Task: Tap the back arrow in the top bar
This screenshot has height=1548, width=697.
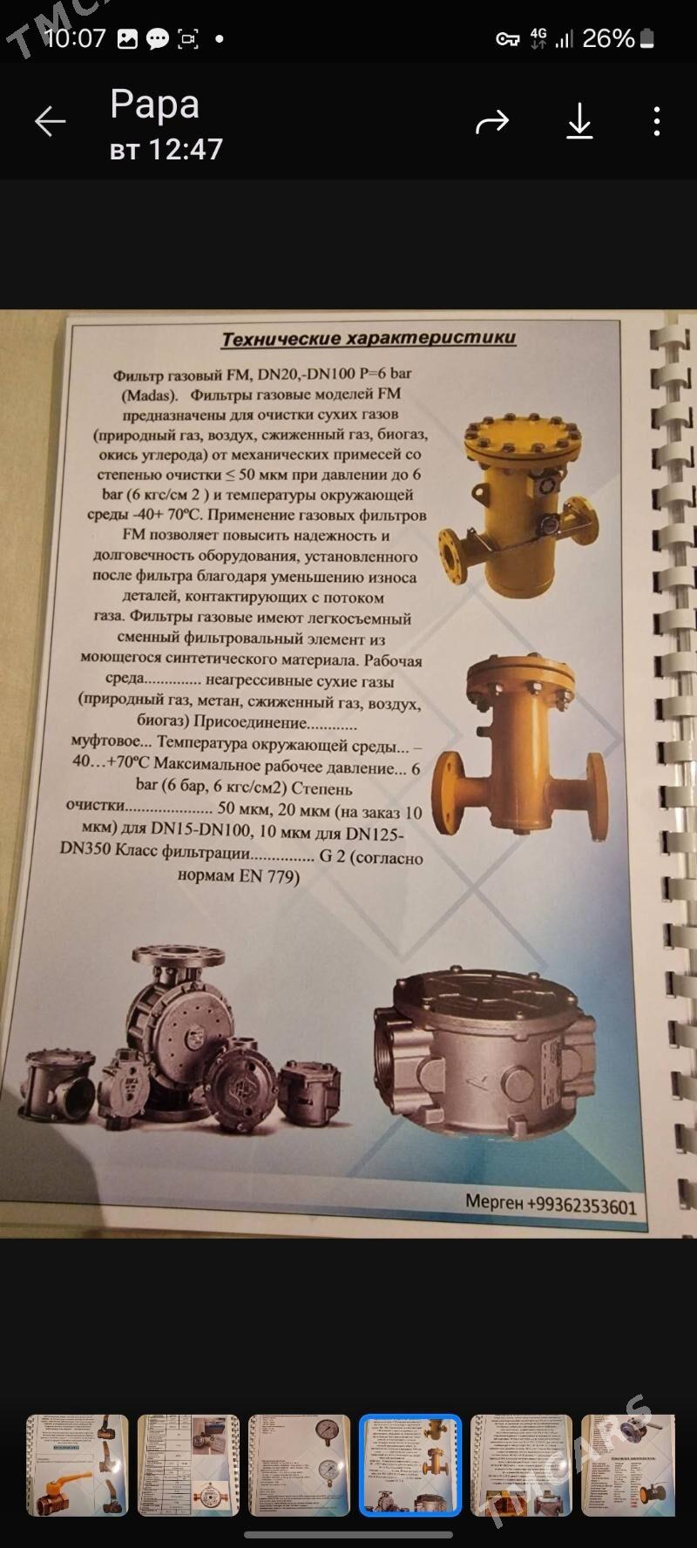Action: (50, 122)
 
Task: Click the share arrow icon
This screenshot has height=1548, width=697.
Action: (491, 122)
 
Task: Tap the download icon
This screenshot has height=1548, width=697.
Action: (579, 122)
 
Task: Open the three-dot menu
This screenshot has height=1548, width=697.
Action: (657, 122)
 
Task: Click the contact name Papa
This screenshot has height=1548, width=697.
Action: (154, 105)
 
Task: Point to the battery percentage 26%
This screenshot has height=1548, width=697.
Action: (607, 38)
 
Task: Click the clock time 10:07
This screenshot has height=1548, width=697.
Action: (74, 38)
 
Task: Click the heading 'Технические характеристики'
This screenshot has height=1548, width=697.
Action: (369, 338)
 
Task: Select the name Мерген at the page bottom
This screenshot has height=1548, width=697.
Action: (493, 1201)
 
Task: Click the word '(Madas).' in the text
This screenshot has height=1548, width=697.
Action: (148, 394)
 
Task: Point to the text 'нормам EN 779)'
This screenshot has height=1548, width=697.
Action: (238, 875)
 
